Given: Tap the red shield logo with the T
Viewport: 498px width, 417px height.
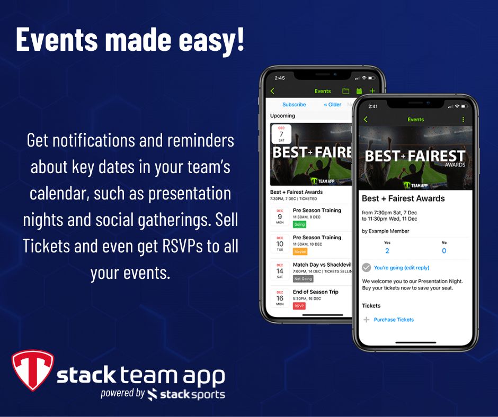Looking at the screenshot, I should (x=32, y=370).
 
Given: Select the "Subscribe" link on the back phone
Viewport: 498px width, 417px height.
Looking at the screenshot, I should (x=294, y=105).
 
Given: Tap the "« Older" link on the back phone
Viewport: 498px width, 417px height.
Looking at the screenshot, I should (x=333, y=105).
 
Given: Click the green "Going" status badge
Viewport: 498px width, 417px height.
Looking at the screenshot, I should (x=299, y=224).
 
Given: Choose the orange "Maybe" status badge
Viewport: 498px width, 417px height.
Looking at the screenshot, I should (x=300, y=251).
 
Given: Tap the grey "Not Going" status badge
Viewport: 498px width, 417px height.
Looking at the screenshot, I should (x=303, y=279).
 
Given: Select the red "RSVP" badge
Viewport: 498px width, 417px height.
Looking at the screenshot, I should (x=299, y=306).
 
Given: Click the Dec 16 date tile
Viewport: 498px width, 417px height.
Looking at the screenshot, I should (x=280, y=298).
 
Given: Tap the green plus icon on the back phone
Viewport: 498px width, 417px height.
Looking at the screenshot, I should (x=372, y=91).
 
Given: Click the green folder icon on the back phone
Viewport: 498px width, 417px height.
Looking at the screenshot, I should (x=345, y=91).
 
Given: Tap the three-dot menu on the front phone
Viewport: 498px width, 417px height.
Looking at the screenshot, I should (x=463, y=120).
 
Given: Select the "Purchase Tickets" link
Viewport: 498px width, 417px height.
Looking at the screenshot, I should (x=394, y=320).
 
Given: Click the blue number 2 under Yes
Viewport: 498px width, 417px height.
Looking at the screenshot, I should (x=387, y=251).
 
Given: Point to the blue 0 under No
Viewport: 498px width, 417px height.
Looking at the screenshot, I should (x=443, y=251).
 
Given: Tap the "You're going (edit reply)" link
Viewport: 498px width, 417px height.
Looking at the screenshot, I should (x=401, y=268).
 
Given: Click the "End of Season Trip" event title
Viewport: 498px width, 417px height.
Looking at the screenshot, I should (x=315, y=292).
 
